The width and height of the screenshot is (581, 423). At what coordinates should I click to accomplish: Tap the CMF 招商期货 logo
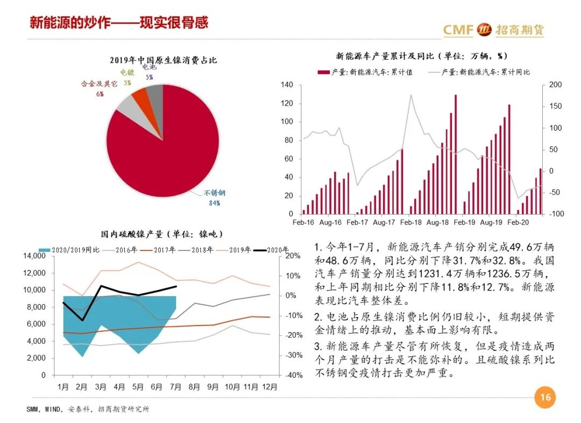[493, 30]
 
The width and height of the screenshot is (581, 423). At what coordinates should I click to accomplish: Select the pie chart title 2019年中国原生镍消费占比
[163, 60]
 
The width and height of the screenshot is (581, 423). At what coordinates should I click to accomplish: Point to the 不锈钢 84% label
[214, 198]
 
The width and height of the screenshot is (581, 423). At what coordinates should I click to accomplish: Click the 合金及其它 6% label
[99, 89]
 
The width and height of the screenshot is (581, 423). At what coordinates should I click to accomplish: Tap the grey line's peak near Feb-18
[411, 95]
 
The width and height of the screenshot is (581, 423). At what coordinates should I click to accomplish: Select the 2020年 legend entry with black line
[272, 250]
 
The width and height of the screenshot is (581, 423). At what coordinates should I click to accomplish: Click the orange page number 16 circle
[545, 398]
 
